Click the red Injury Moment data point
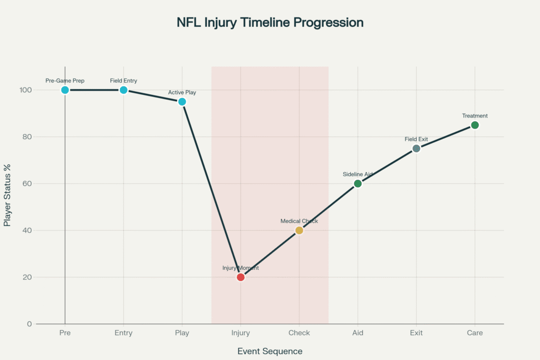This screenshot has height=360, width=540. coord(240,277)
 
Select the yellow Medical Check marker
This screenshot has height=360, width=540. coord(300,230)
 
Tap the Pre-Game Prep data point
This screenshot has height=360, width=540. coord(65,90)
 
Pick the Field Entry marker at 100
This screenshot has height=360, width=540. coord(123,90)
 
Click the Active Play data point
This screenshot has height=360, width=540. coord(182,102)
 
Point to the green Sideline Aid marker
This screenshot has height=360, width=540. coord(358,183)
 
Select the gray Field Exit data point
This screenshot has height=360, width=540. coord(417,148)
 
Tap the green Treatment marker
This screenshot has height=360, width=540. coord(475,125)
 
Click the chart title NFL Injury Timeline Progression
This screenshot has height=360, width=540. coord(270,22)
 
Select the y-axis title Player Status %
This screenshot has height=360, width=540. coord(7,195)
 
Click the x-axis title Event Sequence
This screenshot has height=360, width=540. coord(270,351)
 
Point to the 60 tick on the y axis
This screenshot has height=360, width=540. coord(27,183)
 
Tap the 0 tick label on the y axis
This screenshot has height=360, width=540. coord(30,324)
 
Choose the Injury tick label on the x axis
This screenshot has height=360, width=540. coord(240,333)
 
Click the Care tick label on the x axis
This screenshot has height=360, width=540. coord(475,333)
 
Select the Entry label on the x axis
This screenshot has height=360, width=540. coord(123,333)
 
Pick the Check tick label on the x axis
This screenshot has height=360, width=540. coord(300,333)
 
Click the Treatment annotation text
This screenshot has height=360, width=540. coord(475,115)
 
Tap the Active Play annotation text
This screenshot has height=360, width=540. coord(182,92)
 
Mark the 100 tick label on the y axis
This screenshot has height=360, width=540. coord(25,90)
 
